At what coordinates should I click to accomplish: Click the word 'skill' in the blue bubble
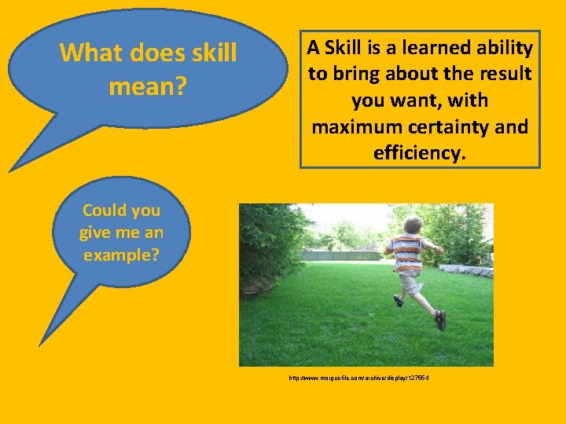(x=212, y=53)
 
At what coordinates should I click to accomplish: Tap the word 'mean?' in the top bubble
(x=148, y=86)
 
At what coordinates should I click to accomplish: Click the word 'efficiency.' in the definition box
(x=420, y=152)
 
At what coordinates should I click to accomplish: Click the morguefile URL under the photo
(x=358, y=378)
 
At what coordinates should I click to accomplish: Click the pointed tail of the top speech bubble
(x=16, y=166)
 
